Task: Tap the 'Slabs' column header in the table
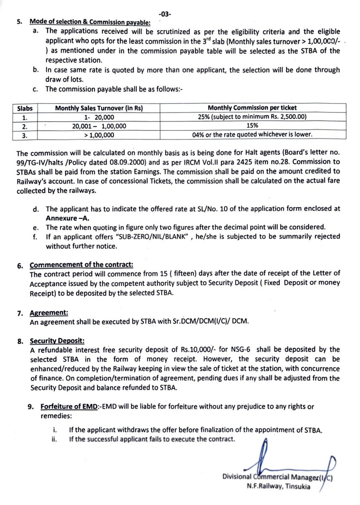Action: point(25,109)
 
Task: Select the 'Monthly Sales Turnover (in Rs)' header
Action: point(99,109)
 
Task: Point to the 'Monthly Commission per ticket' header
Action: point(255,109)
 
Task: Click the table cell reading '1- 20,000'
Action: point(100,117)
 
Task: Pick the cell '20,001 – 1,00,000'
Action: point(99,126)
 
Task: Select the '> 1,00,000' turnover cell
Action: point(99,135)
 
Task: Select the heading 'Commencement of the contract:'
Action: point(81,265)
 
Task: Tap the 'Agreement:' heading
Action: point(49,313)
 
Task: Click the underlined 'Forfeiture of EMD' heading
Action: point(69,407)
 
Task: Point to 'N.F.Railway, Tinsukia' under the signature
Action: point(279,487)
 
